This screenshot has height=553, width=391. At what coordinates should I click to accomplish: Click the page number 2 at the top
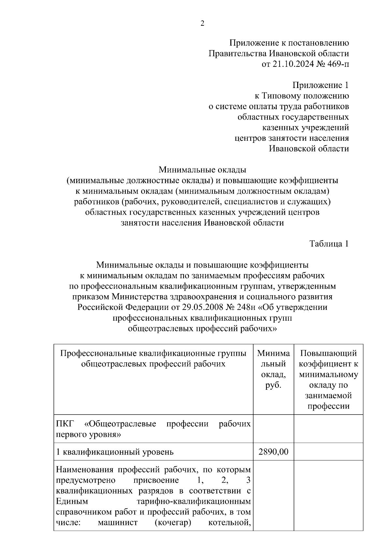[202, 23]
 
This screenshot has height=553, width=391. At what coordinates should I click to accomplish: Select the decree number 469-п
[338, 64]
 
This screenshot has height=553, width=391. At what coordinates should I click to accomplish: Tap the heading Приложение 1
[320, 85]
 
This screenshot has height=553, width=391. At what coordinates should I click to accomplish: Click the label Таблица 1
[329, 244]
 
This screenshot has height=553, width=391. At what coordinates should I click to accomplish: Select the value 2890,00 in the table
[273, 452]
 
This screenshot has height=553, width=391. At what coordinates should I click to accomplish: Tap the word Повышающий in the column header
[328, 353]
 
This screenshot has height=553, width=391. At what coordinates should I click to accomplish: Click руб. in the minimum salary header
[273, 385]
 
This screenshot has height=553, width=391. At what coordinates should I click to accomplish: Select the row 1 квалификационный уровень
[115, 452]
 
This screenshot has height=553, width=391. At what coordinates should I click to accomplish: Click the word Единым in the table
[70, 502]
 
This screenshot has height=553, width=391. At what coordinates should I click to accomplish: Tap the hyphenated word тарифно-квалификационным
[194, 502]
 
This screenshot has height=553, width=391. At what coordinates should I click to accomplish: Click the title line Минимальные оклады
[202, 170]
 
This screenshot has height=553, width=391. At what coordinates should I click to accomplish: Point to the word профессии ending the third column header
[328, 406]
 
